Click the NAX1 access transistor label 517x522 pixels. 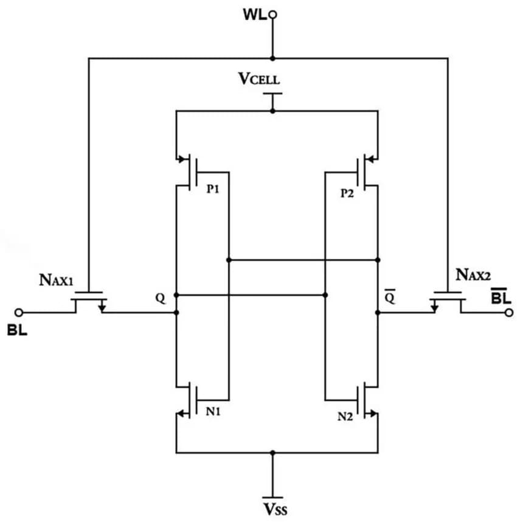click(x=57, y=280)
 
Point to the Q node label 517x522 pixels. click(x=160, y=298)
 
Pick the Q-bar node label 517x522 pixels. click(x=390, y=298)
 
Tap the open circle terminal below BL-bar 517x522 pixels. click(x=508, y=313)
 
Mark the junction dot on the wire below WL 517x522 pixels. click(x=273, y=58)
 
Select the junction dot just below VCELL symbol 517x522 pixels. click(x=273, y=111)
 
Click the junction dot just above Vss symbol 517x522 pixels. click(x=273, y=453)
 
